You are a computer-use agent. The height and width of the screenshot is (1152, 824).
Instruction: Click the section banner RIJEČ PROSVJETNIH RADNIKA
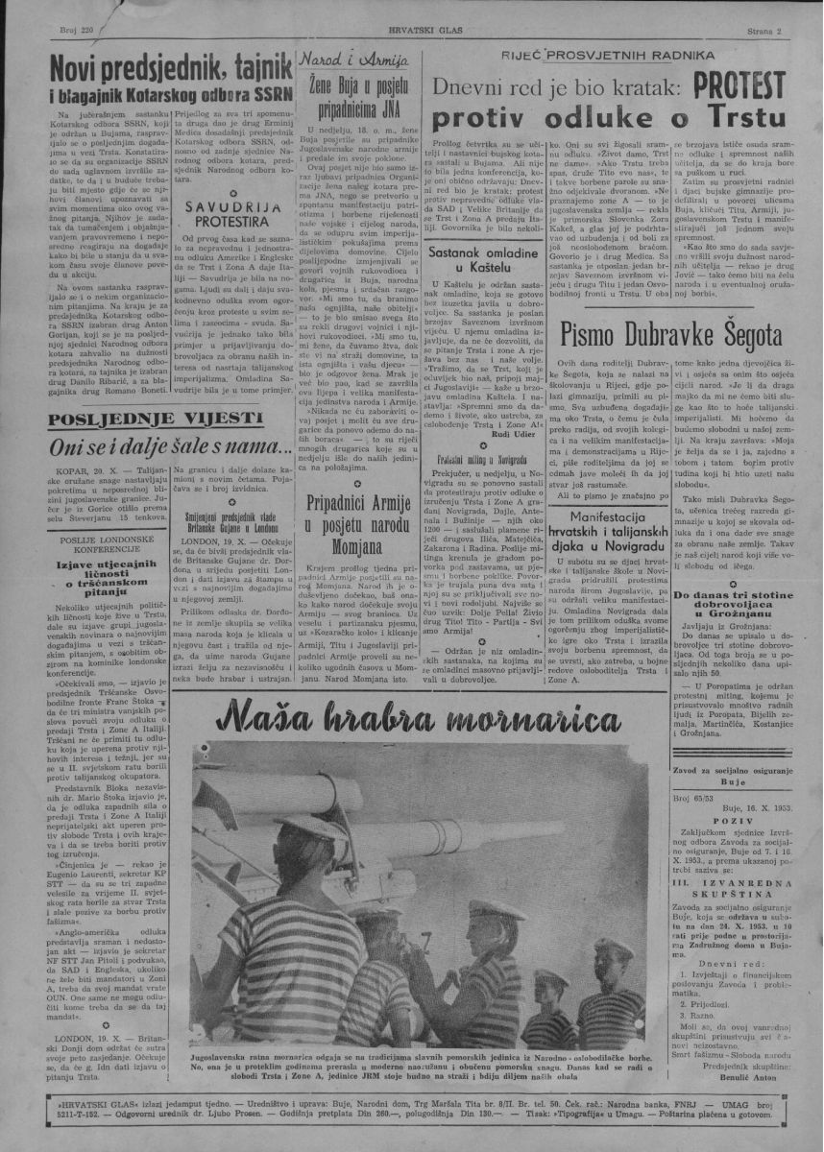point(615,57)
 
